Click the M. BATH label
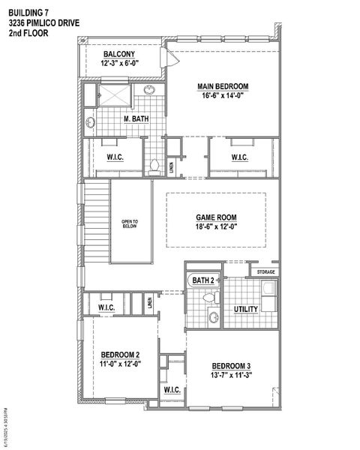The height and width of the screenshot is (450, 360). pos(136,119)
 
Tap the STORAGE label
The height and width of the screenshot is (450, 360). pos(266,271)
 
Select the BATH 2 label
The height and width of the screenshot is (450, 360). pos(203,280)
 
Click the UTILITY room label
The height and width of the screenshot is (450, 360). pos(245,308)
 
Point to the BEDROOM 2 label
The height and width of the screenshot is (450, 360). pos(120,354)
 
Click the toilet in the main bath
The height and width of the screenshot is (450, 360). pos(154,165)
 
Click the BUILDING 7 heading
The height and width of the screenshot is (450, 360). pos(29,12)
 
